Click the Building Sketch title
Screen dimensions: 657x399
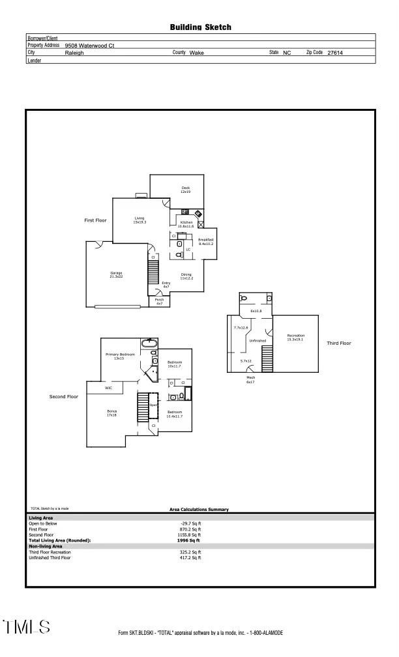[200, 27]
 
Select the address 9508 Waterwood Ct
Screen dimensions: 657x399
[90, 46]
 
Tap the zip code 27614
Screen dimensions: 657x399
[335, 53]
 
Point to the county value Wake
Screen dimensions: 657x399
[196, 53]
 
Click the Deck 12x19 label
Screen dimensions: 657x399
[185, 190]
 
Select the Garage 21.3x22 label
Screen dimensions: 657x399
[116, 274]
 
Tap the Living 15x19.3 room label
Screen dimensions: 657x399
[140, 220]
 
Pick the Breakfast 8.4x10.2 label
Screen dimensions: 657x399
[206, 241]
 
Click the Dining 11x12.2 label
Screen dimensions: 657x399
[186, 276]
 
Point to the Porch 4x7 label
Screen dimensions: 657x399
[159, 302]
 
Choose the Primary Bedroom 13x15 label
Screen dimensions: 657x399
[120, 356]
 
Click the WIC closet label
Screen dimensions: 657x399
[108, 388]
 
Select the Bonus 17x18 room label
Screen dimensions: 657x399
[111, 413]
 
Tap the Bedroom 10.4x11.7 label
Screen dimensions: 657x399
[175, 414]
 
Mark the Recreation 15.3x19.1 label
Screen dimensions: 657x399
[296, 337]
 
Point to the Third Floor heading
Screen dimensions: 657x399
[339, 343]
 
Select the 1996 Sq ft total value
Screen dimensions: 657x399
[190, 540]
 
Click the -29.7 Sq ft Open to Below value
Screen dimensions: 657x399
[190, 523]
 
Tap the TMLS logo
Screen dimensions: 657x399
[26, 627]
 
